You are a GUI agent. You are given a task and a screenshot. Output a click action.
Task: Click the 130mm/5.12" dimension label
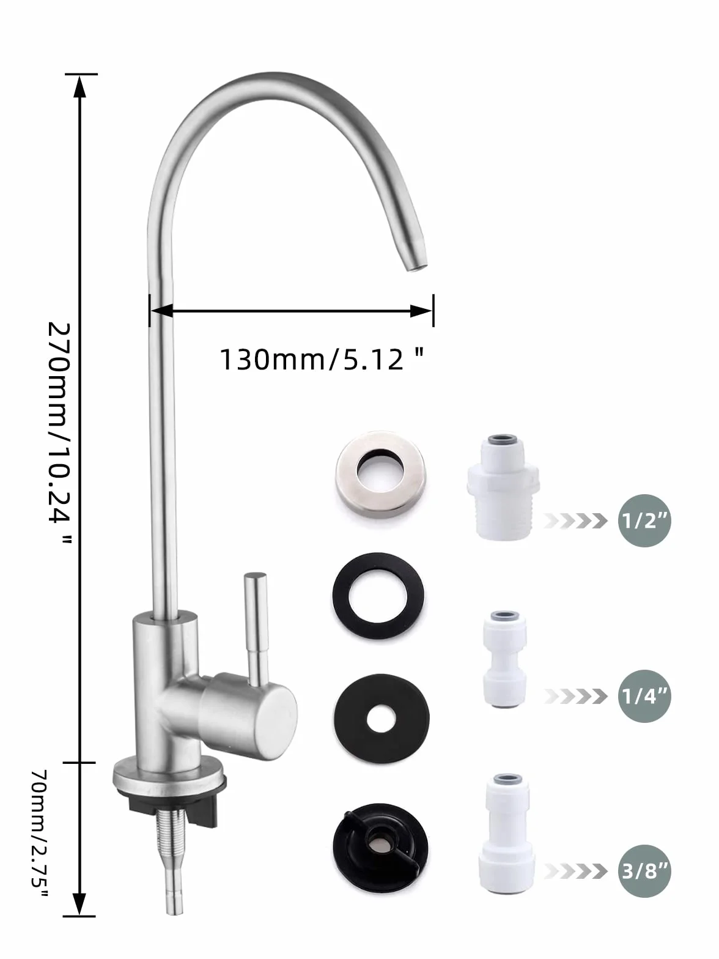pos(322,359)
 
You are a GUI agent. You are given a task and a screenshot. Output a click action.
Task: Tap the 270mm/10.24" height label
pos(59,432)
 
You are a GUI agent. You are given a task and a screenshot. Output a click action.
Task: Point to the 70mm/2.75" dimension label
pos(39,833)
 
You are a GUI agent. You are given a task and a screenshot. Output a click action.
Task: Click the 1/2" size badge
pos(644,520)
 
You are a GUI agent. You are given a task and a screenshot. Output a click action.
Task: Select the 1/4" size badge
pos(644,696)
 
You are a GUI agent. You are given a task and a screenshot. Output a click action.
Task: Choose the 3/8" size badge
pos(644,871)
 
